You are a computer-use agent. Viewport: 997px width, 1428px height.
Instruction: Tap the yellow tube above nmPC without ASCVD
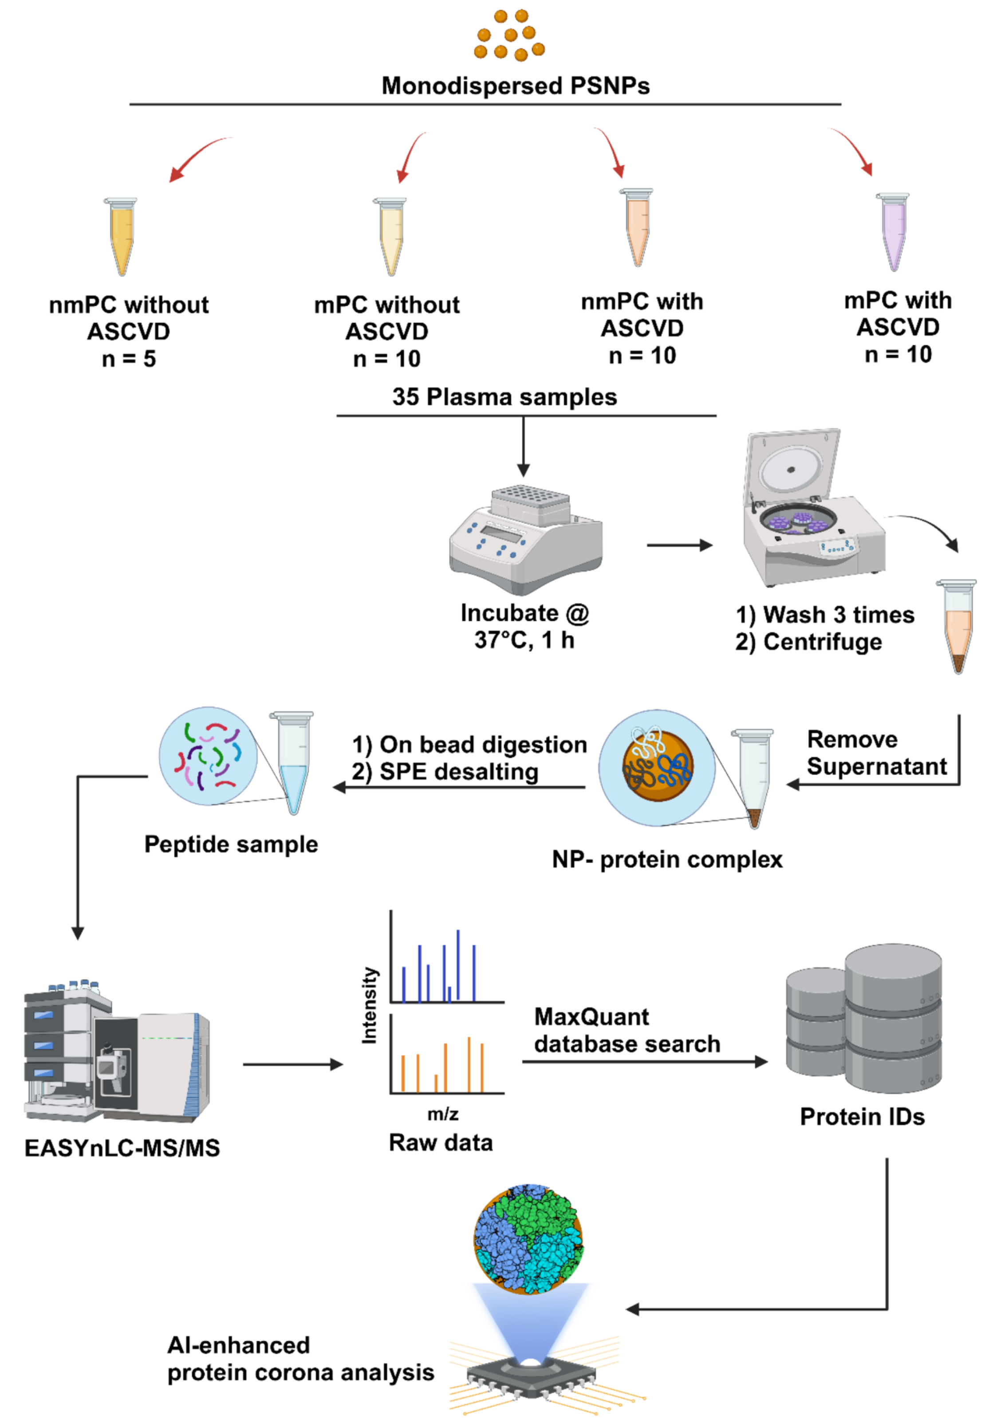[122, 236]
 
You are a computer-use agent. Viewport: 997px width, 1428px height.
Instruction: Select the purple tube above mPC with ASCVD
[893, 231]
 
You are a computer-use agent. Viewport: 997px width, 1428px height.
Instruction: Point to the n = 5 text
[129, 359]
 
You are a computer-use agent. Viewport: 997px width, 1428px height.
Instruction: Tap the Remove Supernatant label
[876, 753]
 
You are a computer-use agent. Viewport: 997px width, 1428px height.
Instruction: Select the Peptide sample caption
[231, 844]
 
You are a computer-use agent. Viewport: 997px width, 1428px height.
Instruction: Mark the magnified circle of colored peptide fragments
[208, 756]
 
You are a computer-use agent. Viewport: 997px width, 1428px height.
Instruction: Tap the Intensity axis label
[369, 1004]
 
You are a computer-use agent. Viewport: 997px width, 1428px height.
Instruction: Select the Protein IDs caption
[862, 1116]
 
